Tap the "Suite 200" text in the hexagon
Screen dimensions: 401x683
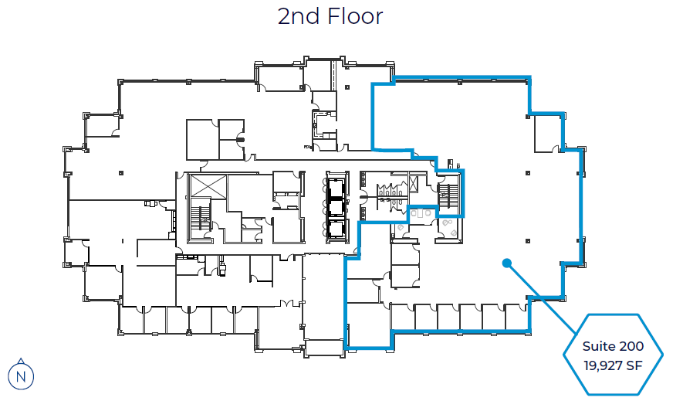pos(614,346)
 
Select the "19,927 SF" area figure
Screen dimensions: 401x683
pos(614,363)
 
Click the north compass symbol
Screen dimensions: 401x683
pos(22,376)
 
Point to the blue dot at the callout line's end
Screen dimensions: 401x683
pos(507,263)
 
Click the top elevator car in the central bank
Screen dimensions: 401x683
pos(336,186)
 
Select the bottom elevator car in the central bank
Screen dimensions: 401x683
pos(336,229)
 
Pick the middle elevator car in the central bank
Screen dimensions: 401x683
pos(336,207)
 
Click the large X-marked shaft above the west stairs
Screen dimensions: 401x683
pos(205,186)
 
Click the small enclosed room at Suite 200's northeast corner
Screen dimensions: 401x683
pos(548,132)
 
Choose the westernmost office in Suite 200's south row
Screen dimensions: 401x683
pos(402,317)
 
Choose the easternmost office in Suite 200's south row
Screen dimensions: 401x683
pos(516,317)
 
